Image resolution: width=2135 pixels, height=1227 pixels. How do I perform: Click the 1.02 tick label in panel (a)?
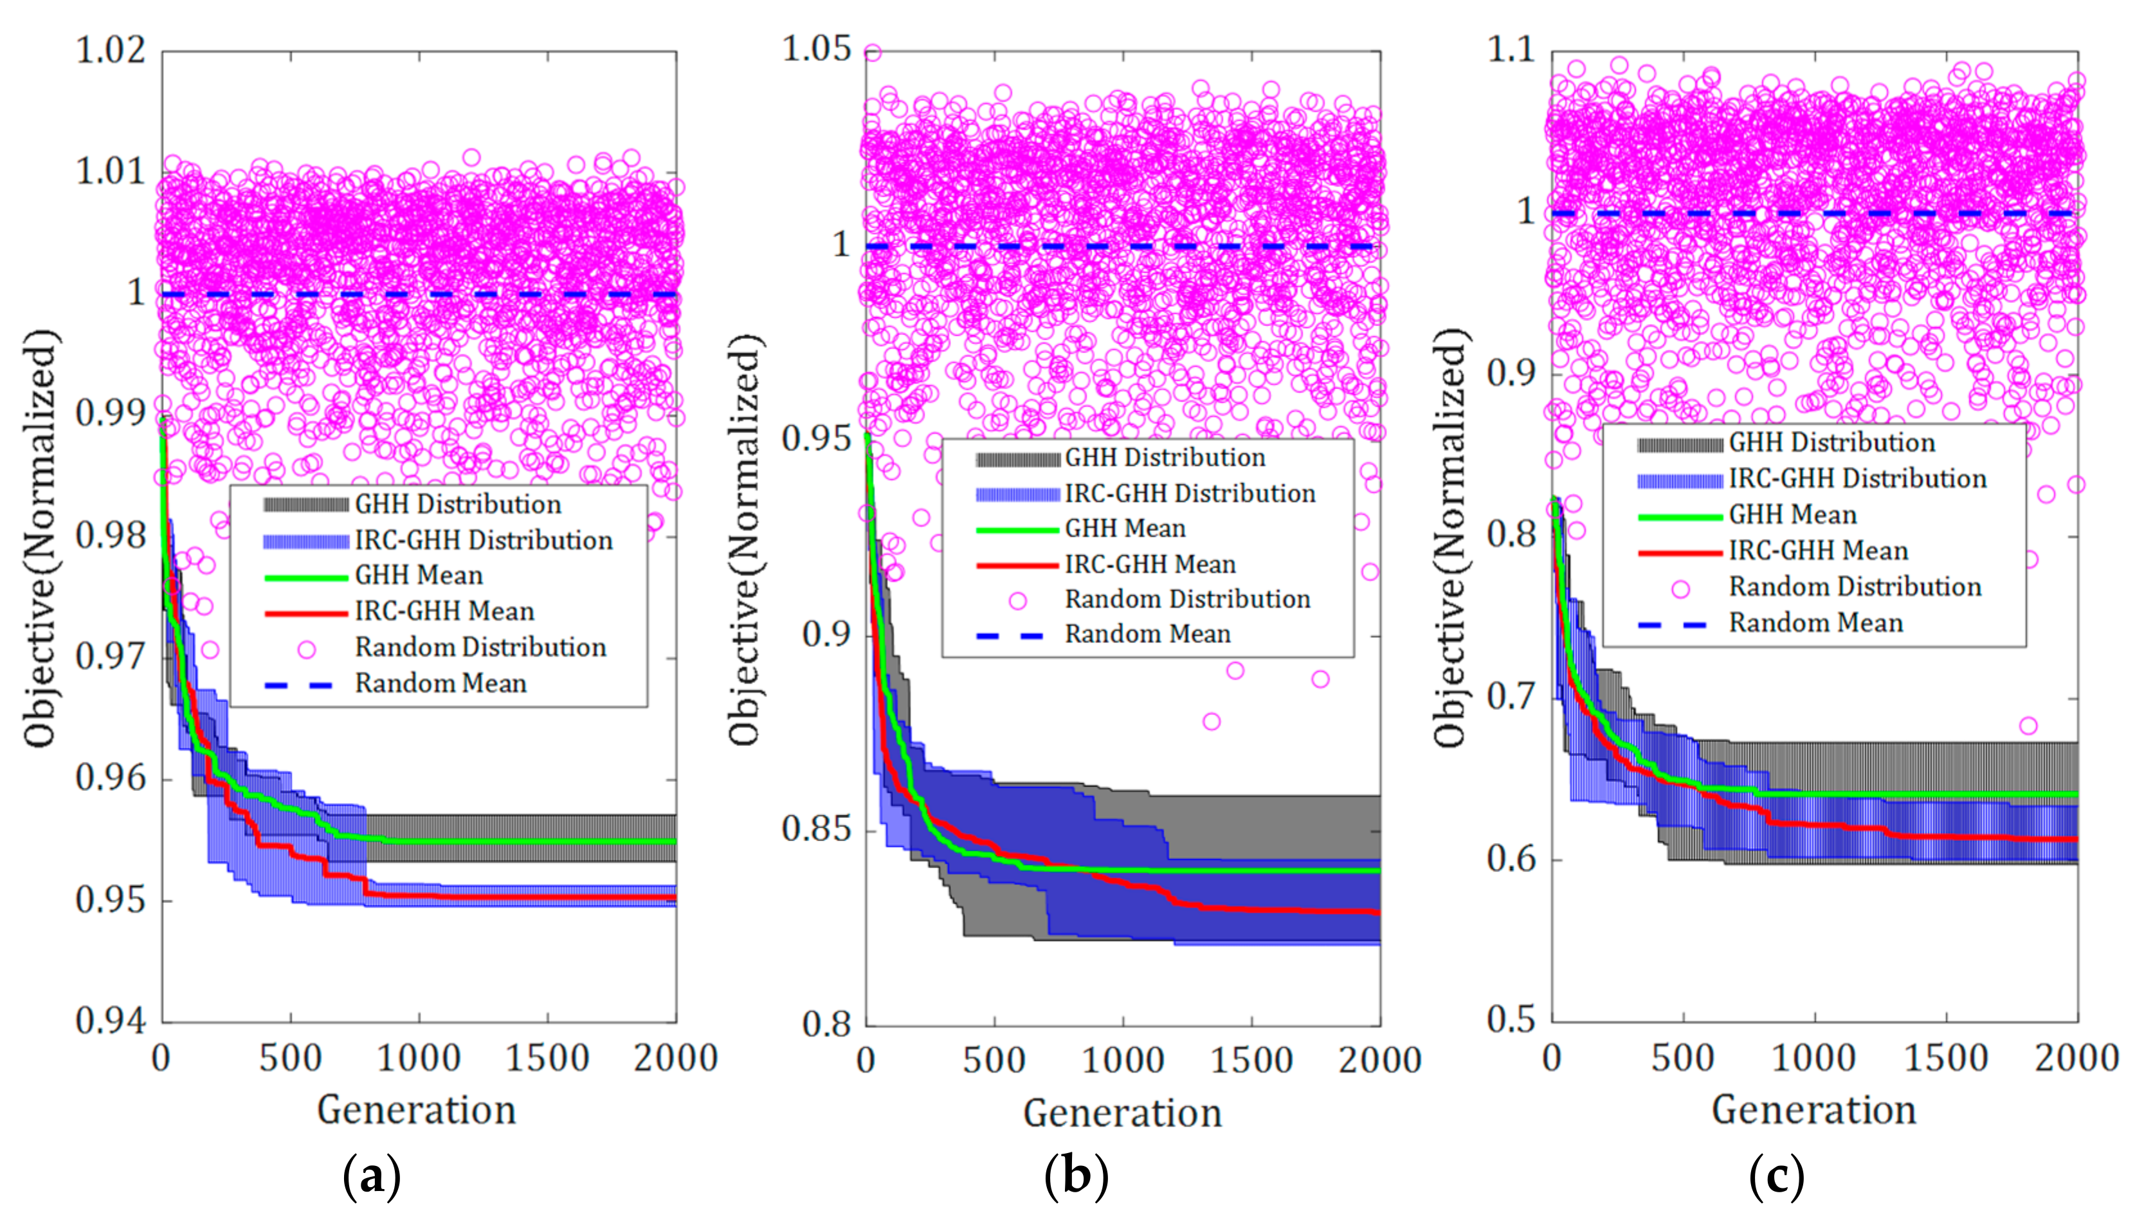pos(111,51)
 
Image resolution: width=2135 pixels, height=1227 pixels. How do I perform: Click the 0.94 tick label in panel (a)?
pos(111,1021)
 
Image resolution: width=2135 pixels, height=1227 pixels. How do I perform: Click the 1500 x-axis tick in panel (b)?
pos(1251,1059)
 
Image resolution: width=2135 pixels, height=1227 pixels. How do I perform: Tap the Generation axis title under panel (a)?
pos(416,1110)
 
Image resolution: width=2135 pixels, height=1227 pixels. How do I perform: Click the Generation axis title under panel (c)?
pos(1814,1110)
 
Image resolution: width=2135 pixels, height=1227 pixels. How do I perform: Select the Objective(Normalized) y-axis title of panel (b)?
pos(745,540)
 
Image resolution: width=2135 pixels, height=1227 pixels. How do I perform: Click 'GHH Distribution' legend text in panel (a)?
pos(457,505)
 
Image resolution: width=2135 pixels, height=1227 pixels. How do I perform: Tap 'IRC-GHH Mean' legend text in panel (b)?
pos(1150,564)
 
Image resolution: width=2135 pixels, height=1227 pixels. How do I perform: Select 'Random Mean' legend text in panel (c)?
pos(1815,623)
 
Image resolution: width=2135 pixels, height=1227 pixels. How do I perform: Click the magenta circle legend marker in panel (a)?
pos(307,649)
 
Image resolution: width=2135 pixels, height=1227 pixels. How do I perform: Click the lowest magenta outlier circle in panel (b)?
pos(1212,722)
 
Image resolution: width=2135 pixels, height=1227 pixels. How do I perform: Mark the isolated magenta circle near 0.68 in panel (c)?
pos(2028,725)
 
